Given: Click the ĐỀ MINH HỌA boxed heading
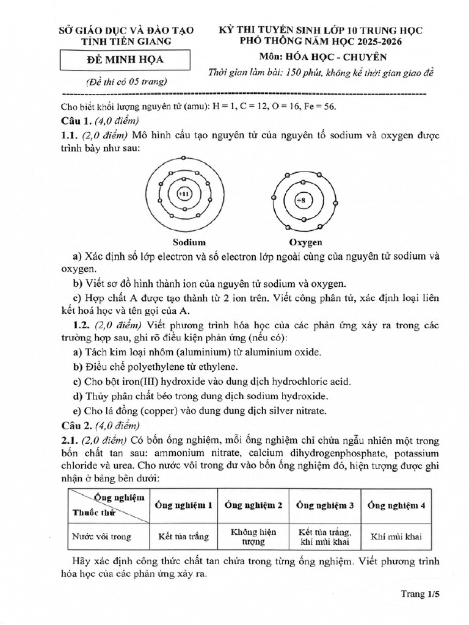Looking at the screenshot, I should [x=118, y=60].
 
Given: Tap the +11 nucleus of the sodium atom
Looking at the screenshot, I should [x=183, y=193].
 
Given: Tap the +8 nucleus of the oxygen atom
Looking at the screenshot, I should [x=301, y=200].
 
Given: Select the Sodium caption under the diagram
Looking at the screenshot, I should [x=189, y=242].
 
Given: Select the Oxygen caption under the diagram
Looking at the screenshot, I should [x=305, y=242].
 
